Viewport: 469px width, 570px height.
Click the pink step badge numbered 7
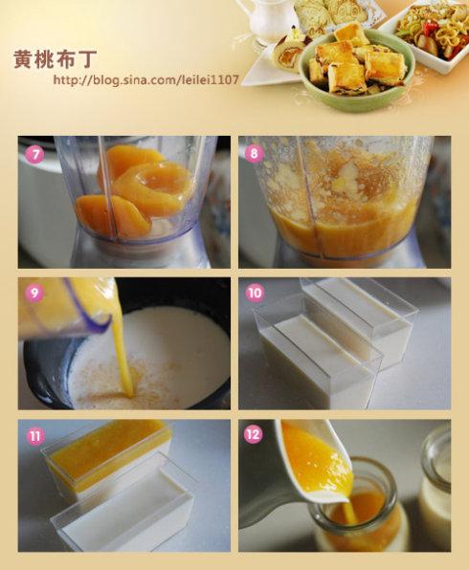(34, 154)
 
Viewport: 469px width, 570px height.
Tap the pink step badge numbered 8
(255, 153)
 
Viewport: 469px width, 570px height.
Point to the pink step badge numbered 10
(255, 293)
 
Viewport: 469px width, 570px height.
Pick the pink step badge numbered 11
(35, 435)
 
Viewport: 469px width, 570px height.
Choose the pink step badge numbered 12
(254, 434)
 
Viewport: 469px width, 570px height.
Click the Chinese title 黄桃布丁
(56, 58)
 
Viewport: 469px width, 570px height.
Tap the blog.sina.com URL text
(146, 79)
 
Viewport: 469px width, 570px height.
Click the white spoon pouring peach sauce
(314, 462)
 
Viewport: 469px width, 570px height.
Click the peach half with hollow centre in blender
(155, 186)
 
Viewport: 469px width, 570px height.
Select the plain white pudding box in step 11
(123, 509)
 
